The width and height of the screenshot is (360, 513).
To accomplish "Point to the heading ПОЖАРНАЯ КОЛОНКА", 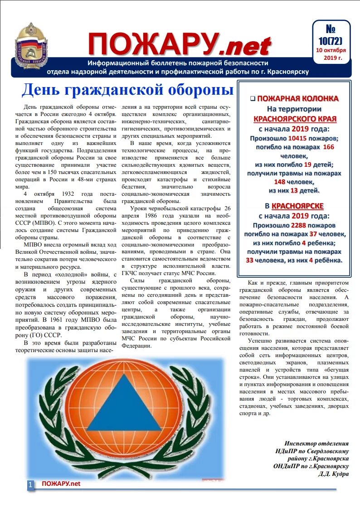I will (297, 98).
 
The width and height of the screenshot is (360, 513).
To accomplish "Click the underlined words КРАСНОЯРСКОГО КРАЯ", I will (295, 119).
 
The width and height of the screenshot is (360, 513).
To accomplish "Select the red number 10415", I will (301, 138).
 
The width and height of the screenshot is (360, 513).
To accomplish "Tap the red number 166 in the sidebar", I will (328, 147).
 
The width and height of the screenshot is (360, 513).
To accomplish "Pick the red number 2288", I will (301, 225).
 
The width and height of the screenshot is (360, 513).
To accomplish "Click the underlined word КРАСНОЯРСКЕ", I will (297, 206).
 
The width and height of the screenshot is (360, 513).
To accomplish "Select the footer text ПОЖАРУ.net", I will (61, 484).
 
